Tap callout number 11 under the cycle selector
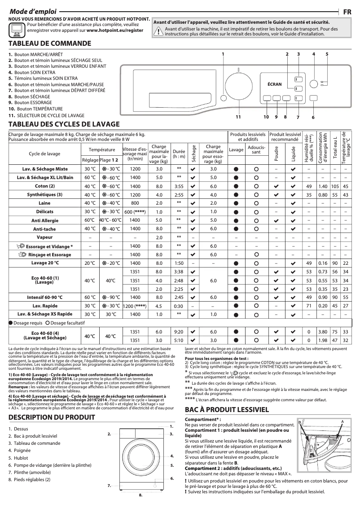click(x=238, y=117)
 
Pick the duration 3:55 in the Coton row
click(x=179, y=186)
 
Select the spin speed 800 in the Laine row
click(x=135, y=203)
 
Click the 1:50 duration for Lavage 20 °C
click(x=179, y=263)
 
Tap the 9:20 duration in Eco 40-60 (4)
click(x=179, y=332)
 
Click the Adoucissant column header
click(x=256, y=149)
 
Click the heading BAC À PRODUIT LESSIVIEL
click(x=227, y=410)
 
